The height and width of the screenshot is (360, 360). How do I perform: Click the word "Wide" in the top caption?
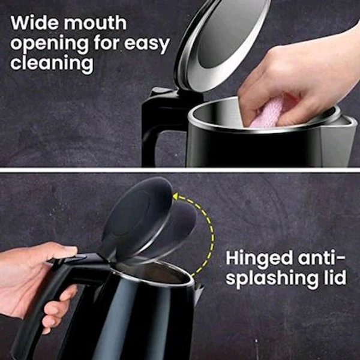[34, 23]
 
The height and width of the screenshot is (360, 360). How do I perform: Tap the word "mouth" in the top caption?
[95, 23]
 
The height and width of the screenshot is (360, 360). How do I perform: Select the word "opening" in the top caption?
[50, 44]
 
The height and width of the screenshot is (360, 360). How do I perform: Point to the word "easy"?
[147, 44]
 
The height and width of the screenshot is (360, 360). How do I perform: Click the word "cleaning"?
[52, 64]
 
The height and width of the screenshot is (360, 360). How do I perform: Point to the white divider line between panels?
[180, 170]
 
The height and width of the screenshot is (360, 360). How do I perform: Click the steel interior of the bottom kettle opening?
[152, 272]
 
